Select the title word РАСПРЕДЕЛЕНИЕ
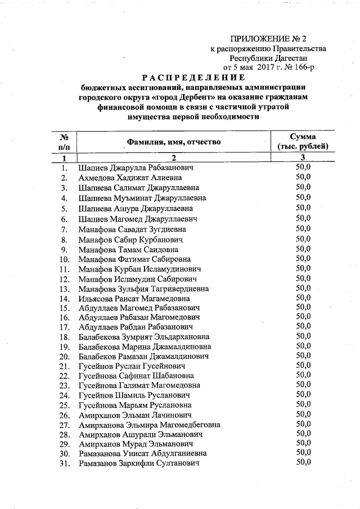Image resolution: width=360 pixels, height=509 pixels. pyautogui.click(x=193, y=77)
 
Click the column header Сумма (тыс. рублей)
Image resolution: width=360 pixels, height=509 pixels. pyautogui.click(x=303, y=142)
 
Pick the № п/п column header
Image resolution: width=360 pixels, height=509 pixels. pyautogui.click(x=64, y=142)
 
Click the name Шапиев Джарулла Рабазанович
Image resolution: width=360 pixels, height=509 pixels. pyautogui.click(x=136, y=168)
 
